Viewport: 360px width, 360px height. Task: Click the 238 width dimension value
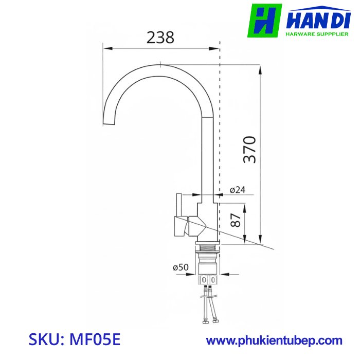pyautogui.click(x=160, y=38)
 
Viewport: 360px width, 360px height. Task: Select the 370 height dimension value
pyautogui.click(x=250, y=149)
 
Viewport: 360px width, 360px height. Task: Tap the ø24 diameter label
pyautogui.click(x=237, y=190)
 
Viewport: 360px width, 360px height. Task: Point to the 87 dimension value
pyautogui.click(x=236, y=220)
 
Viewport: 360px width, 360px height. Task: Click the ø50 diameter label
pyautogui.click(x=181, y=267)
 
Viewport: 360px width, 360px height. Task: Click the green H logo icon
pyautogui.click(x=265, y=21)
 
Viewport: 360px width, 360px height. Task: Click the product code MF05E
pyautogui.click(x=96, y=340)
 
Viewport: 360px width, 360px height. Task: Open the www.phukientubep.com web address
pyautogui.click(x=274, y=340)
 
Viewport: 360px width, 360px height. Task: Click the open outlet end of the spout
pyautogui.click(x=110, y=124)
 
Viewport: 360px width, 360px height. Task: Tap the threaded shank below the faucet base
pyautogui.click(x=208, y=254)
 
